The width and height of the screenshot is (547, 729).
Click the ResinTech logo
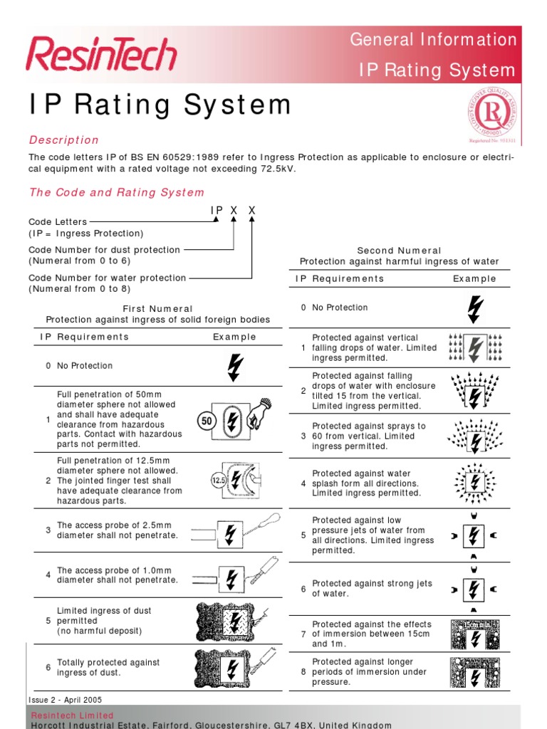(101, 55)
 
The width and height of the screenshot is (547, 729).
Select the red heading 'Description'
(63, 140)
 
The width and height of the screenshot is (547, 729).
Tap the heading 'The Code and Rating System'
(116, 192)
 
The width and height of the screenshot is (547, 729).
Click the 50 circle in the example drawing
(207, 421)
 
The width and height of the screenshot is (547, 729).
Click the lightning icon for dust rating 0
(234, 366)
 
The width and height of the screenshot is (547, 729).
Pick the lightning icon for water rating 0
(474, 308)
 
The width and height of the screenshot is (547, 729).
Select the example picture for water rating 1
(475, 347)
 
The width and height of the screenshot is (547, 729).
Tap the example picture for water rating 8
(475, 671)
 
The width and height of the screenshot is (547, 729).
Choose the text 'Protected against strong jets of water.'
(372, 588)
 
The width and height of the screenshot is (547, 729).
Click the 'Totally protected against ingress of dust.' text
(108, 667)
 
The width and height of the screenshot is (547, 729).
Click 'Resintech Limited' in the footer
(72, 715)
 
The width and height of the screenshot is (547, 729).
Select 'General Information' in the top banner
(433, 40)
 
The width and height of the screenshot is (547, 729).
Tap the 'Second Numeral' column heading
(399, 251)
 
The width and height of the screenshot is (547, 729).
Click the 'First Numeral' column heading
(157, 309)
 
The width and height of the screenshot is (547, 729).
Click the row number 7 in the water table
(303, 634)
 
